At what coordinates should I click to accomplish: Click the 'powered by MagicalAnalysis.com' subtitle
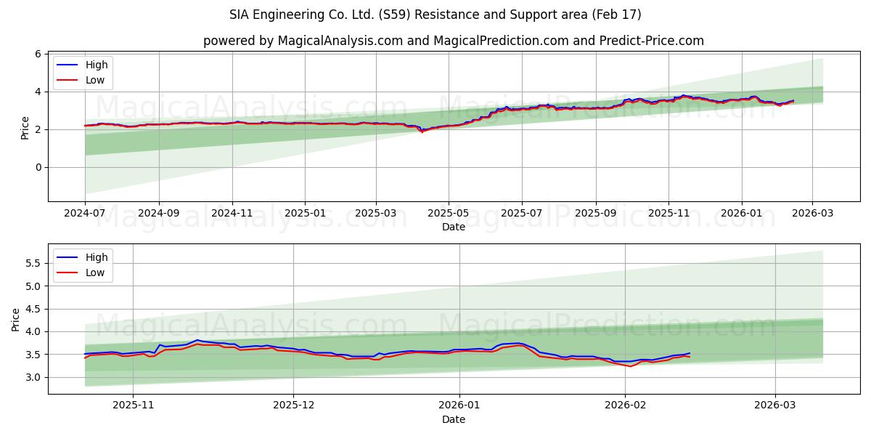coord(453,41)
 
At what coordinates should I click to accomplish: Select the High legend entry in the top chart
coord(96,65)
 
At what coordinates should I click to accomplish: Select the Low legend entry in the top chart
coord(95,80)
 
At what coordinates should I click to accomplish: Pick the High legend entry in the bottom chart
coord(96,257)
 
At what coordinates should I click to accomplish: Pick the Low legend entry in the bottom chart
coord(95,272)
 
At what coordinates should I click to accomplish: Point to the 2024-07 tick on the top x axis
coord(85,214)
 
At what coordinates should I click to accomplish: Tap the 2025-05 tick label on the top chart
coord(448,214)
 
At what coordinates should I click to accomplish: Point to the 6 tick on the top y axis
coord(37,54)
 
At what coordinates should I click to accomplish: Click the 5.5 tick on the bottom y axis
coord(32,263)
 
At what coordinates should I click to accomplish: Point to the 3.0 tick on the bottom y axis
coord(32,377)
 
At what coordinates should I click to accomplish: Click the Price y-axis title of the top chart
coord(25,127)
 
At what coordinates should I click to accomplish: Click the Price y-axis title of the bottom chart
coord(16,319)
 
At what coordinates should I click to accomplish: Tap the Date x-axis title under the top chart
coord(453,227)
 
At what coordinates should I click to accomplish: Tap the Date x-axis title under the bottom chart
coord(453,419)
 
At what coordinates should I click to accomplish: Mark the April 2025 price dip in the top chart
coord(422,132)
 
